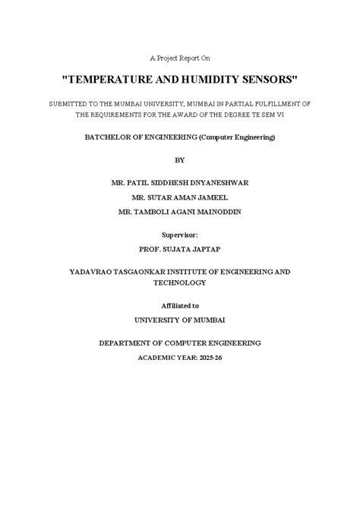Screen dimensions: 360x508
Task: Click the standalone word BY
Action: click(180, 160)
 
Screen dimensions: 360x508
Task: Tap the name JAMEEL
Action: click(217, 197)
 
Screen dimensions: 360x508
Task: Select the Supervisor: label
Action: click(180, 235)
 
